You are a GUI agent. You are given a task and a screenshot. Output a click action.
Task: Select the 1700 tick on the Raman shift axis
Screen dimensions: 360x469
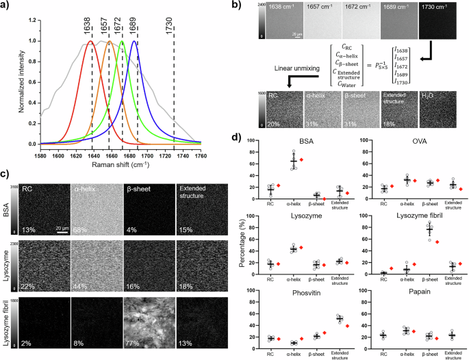click(x=142, y=155)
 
